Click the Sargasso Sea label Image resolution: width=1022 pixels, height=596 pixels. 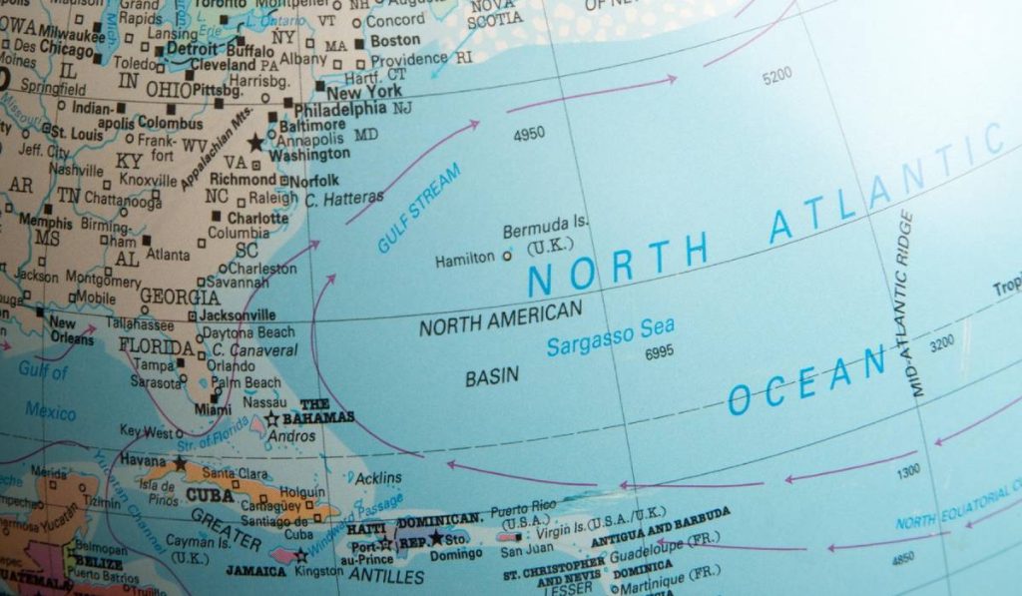[x=611, y=336]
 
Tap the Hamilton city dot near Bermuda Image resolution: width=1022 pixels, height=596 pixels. [x=506, y=256]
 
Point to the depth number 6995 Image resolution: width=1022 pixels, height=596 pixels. [x=660, y=352]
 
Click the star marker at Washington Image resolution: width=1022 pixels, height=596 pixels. [x=256, y=143]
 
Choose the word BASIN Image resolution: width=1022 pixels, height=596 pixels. [x=492, y=376]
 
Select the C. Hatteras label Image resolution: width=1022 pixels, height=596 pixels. [x=344, y=199]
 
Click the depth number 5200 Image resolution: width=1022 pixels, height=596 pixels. [x=776, y=75]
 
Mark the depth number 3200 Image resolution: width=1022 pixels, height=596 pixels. [x=941, y=345]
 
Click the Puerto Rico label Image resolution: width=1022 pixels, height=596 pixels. [x=526, y=508]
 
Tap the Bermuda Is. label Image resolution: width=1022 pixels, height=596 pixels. [x=540, y=231]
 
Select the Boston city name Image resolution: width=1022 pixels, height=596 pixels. [x=395, y=41]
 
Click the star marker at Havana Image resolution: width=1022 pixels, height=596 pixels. [x=180, y=463]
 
